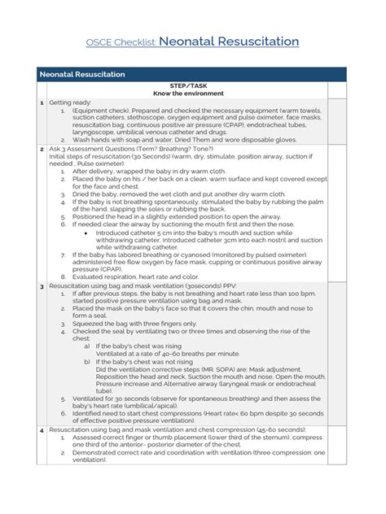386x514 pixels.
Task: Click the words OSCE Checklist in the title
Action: (x=121, y=42)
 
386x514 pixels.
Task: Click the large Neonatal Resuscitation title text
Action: (x=228, y=41)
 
